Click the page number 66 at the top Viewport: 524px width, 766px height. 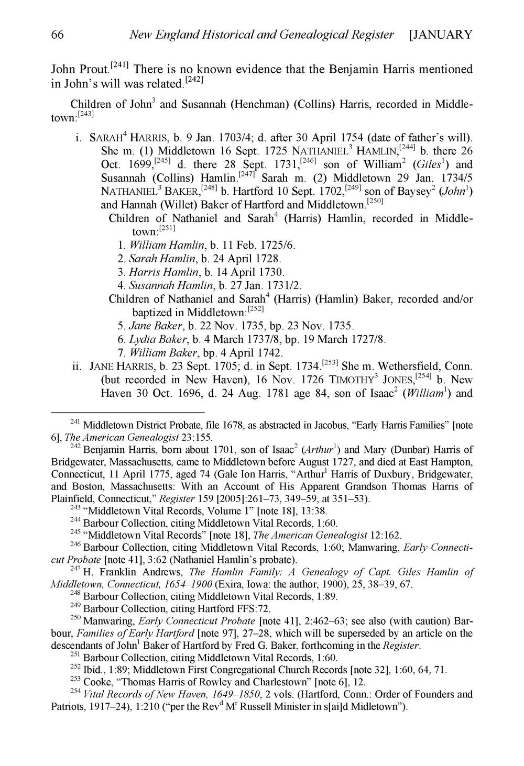pos(57,35)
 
